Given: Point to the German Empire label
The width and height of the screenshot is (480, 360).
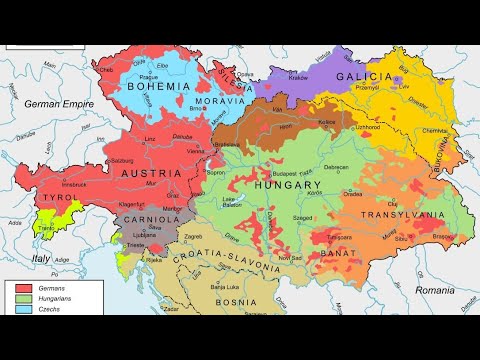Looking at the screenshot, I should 61,103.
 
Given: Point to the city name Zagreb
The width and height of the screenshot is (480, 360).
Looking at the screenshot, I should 193,237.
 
